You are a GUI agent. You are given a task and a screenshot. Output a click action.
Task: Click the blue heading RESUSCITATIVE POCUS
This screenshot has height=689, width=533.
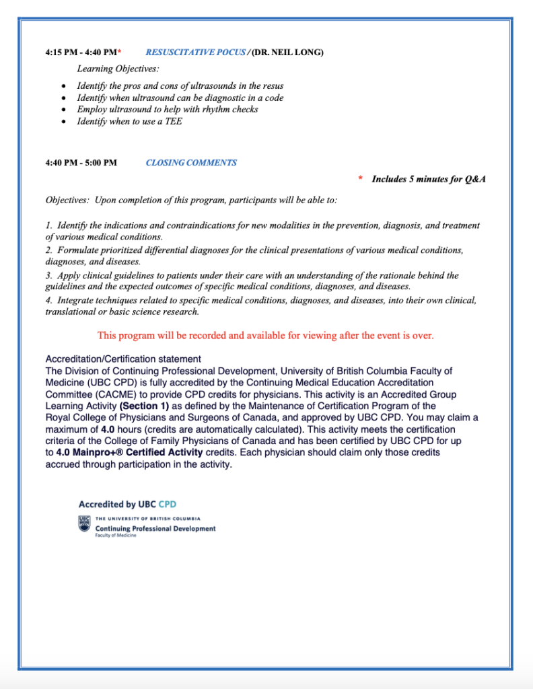195,52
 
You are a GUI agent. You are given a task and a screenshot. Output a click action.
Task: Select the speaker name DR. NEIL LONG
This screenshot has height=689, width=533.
287,52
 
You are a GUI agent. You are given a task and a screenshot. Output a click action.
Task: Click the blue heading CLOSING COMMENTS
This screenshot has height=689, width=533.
191,162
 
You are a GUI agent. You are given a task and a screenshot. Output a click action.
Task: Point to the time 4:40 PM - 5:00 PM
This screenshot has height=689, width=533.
81,162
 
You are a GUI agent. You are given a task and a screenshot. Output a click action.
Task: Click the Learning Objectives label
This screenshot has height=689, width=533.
118,69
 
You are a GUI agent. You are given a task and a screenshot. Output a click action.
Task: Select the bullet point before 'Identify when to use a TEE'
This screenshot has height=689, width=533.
63,122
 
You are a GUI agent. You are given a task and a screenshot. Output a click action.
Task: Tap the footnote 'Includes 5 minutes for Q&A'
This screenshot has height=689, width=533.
429,179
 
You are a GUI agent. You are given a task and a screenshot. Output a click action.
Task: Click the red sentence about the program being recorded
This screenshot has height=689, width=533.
265,335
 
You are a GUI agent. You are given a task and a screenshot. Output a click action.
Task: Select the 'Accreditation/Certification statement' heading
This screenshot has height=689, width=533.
122,359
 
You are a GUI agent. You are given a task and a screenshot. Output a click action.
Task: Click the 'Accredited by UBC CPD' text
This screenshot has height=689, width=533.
127,504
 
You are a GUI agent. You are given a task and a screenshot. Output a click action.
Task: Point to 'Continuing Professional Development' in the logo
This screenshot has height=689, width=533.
155,528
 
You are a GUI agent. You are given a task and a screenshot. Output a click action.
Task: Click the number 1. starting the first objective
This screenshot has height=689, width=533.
49,225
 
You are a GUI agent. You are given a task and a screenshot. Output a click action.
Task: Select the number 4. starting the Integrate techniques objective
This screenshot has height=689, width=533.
49,300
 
